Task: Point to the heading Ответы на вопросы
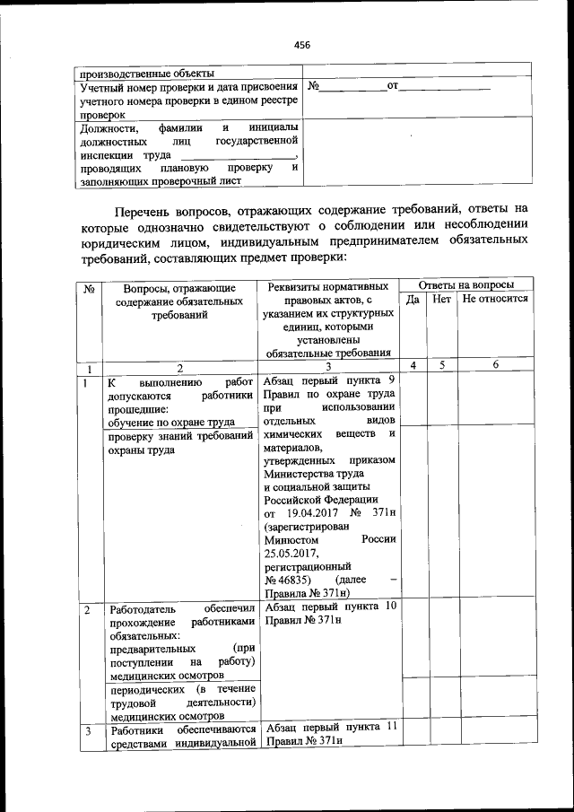click(x=466, y=284)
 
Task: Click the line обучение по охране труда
click(x=171, y=423)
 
